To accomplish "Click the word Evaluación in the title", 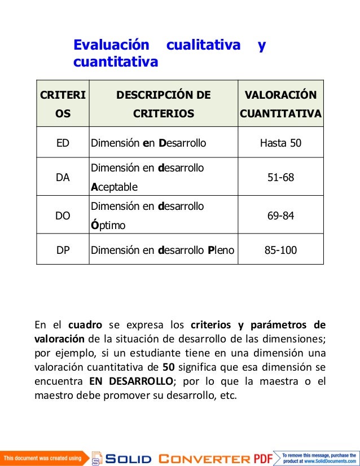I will pyautogui.click(x=112, y=45).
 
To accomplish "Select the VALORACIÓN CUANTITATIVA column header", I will pyautogui.click(x=280, y=104).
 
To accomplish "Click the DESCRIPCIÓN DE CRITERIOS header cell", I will pyautogui.click(x=163, y=104).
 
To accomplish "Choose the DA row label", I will pyautogui.click(x=63, y=177).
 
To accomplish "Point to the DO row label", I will pyautogui.click(x=63, y=216).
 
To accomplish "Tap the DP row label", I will pyautogui.click(x=63, y=249).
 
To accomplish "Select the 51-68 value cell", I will pyautogui.click(x=280, y=177).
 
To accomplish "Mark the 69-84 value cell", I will pyautogui.click(x=280, y=216).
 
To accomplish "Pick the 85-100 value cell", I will pyautogui.click(x=280, y=249).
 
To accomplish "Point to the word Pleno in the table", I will pyautogui.click(x=220, y=249).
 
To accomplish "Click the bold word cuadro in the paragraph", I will pyautogui.click(x=85, y=325).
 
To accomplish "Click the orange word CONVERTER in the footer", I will pyautogui.click(x=204, y=458).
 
